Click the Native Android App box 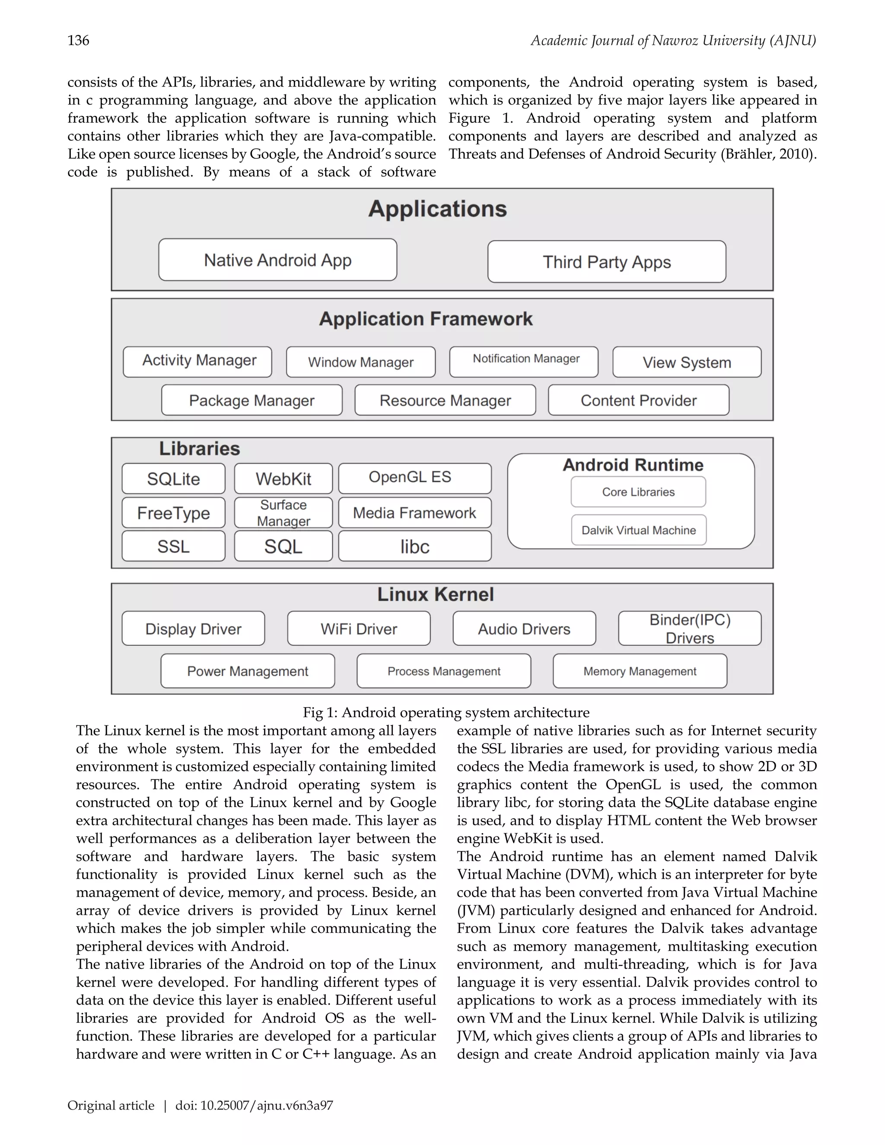click(x=277, y=260)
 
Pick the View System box click(x=687, y=362)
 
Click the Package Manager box click(x=251, y=401)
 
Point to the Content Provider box click(x=639, y=401)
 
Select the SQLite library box click(x=174, y=479)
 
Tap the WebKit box click(x=283, y=479)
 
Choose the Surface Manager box click(x=283, y=513)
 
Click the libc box click(x=415, y=546)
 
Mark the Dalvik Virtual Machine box click(x=639, y=530)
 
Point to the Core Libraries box click(x=638, y=492)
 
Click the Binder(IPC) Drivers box click(x=689, y=629)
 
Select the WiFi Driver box click(x=359, y=629)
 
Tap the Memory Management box click(x=640, y=671)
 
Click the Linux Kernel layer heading click(x=435, y=595)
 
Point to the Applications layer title click(x=437, y=209)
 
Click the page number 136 click(x=79, y=40)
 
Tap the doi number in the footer click(x=254, y=1106)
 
